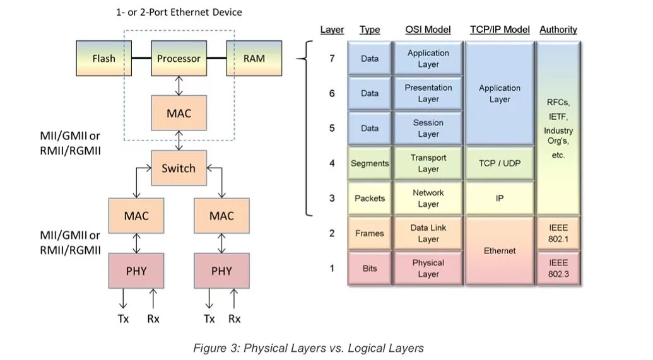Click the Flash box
(x=103, y=58)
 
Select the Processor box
(x=179, y=58)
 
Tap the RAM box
(x=254, y=58)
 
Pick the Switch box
(x=179, y=168)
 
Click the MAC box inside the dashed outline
(x=179, y=113)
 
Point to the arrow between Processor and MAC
(x=179, y=86)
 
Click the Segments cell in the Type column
(x=370, y=163)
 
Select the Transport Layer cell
(x=428, y=163)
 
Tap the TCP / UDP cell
(x=500, y=163)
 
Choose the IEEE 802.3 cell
(x=558, y=268)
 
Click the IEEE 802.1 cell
(x=558, y=233)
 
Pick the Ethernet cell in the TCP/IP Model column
(x=500, y=250)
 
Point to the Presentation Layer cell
(x=428, y=93)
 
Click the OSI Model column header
(x=428, y=30)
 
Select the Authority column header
(x=558, y=30)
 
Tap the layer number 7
(x=332, y=58)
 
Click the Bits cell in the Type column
(x=370, y=268)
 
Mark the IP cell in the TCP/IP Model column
(x=500, y=198)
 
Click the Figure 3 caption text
(x=309, y=348)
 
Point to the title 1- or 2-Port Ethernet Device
(x=179, y=12)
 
